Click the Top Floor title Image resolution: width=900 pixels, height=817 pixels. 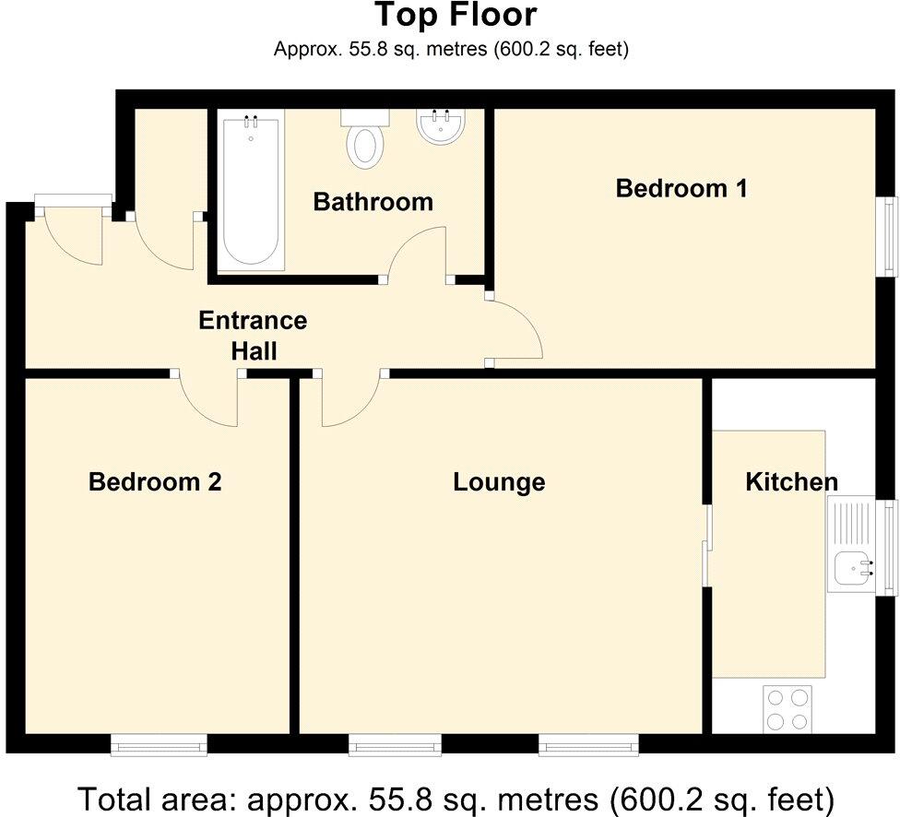(455, 16)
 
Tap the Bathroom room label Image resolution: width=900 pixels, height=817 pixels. (373, 201)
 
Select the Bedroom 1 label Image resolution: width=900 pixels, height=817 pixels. (681, 188)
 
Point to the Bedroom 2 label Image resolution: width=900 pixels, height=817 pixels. (155, 481)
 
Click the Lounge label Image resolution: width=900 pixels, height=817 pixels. (499, 481)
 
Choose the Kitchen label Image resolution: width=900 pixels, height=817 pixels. (791, 481)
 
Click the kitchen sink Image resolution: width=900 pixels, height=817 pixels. (854, 566)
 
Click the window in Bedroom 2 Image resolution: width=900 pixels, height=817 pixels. (159, 743)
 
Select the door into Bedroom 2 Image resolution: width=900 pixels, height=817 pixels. (209, 398)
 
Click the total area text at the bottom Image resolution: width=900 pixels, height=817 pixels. (455, 797)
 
